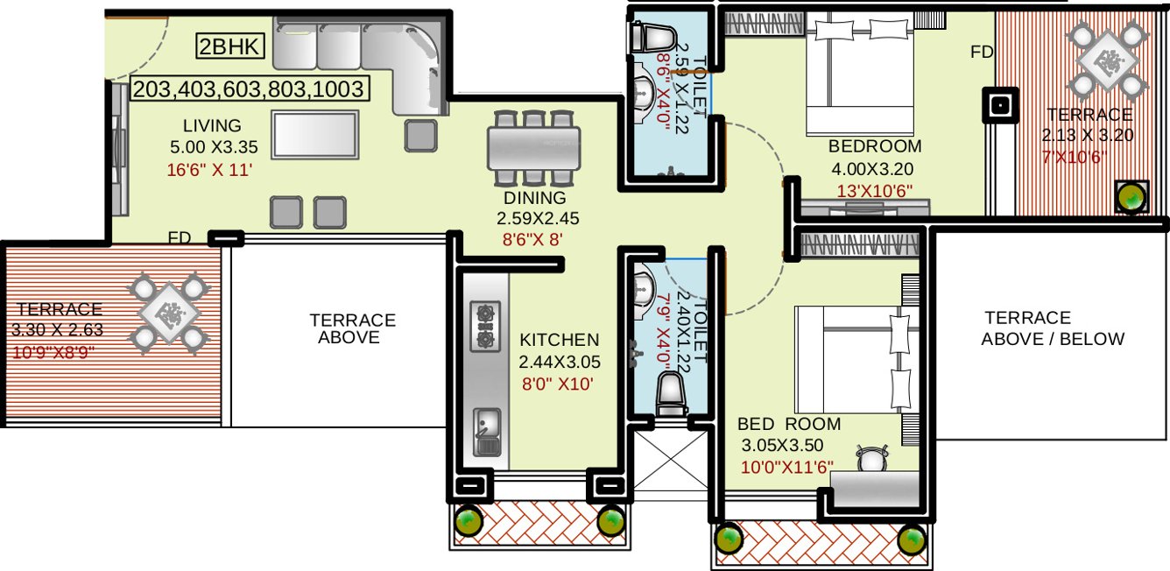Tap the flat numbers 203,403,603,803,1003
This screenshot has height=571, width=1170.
(x=248, y=88)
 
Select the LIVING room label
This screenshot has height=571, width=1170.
(x=212, y=125)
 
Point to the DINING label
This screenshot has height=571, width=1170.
(x=534, y=199)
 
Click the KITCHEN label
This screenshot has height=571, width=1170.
(x=559, y=340)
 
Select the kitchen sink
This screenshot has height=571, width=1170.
(x=487, y=432)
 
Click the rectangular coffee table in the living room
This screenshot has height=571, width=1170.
(x=315, y=134)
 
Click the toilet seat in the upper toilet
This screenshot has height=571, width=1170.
(x=651, y=38)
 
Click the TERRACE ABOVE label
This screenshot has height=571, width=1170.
(x=352, y=328)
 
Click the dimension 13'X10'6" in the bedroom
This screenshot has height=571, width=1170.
(x=877, y=187)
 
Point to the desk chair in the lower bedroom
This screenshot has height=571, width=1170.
(x=872, y=458)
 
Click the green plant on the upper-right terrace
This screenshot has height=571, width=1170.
(x=1131, y=196)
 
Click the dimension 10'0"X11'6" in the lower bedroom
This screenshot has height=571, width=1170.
(x=786, y=467)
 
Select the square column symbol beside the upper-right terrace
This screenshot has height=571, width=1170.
(x=999, y=105)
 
